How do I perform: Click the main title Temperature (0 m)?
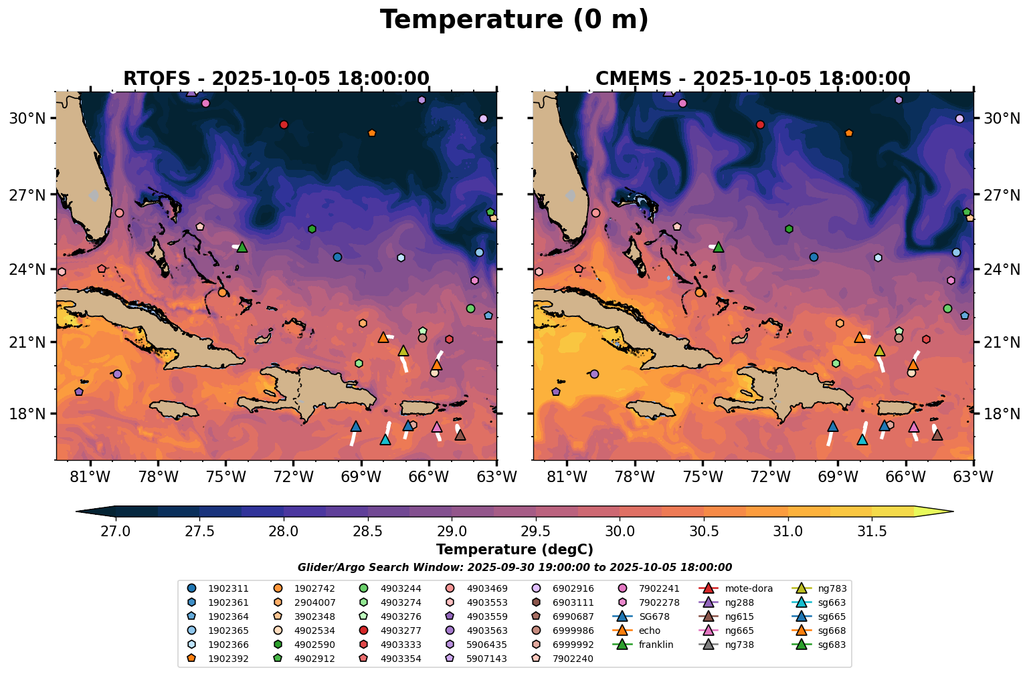[514, 20]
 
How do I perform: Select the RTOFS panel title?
[276, 78]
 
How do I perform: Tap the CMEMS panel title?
[753, 78]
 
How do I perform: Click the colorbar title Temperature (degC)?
[514, 550]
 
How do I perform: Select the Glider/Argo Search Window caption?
[514, 568]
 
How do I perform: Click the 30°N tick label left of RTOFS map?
[27, 118]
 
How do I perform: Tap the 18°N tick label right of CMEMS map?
[1001, 414]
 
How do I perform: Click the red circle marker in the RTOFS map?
[284, 124]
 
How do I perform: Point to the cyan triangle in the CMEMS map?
[862, 439]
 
